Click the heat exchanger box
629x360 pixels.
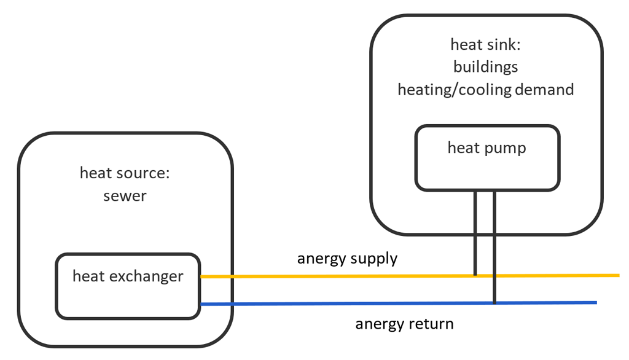128,286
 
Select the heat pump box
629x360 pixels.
487,158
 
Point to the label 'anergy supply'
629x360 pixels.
347,258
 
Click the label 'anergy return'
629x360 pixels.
404,323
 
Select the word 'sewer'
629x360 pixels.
125,197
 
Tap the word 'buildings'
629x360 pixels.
485,66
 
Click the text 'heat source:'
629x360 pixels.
125,173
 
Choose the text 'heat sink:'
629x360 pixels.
485,44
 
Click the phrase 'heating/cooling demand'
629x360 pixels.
485,90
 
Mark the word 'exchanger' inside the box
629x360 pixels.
147,276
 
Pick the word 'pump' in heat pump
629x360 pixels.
507,148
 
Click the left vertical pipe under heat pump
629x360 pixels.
475,233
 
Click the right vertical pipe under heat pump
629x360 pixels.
494,246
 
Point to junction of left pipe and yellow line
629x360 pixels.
475,276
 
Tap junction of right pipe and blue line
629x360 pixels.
494,303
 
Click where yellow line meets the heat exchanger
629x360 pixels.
201,277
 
